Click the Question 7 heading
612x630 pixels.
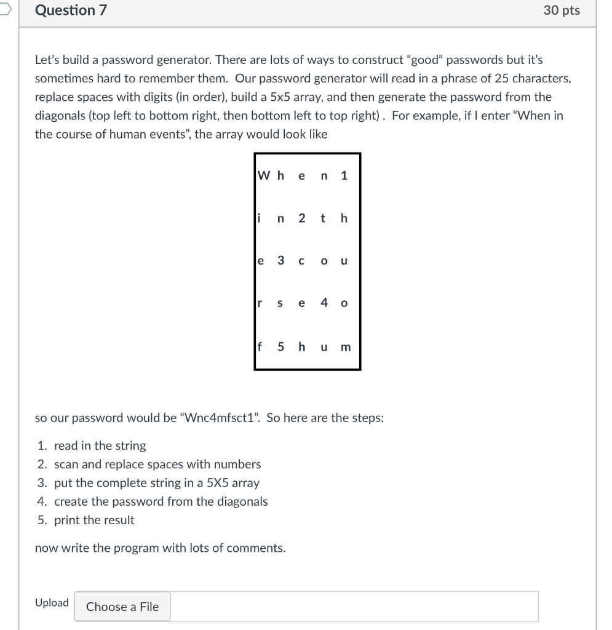click(71, 10)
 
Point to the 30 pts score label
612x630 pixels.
click(562, 10)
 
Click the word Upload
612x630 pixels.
click(52, 603)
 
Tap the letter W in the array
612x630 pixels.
click(263, 175)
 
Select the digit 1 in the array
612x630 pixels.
click(344, 175)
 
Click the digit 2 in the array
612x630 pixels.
click(301, 218)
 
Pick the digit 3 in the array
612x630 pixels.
click(280, 260)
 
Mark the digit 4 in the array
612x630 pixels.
click(324, 303)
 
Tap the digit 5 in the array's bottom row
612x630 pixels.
click(280, 346)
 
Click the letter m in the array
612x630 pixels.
click(345, 347)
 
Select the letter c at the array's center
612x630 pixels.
click(301, 261)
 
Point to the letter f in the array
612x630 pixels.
click(260, 346)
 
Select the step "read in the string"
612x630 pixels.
click(100, 445)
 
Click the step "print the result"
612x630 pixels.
click(94, 520)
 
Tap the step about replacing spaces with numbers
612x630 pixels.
click(157, 465)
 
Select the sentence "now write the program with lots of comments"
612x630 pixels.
click(160, 548)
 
